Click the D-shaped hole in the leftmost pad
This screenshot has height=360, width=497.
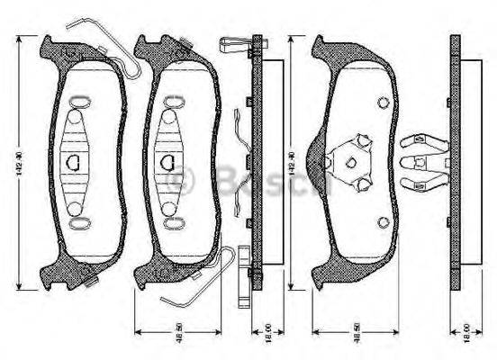coord(74,161)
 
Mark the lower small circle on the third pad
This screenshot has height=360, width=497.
coord(384,221)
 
